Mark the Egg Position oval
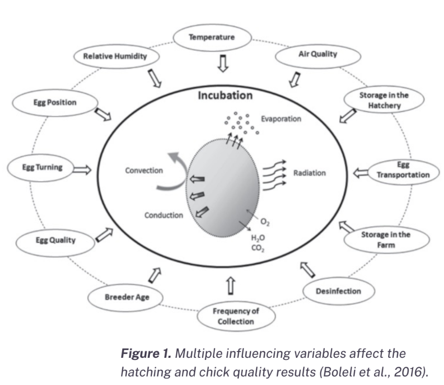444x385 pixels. pos(52,102)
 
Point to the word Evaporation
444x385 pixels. pos(282,119)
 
